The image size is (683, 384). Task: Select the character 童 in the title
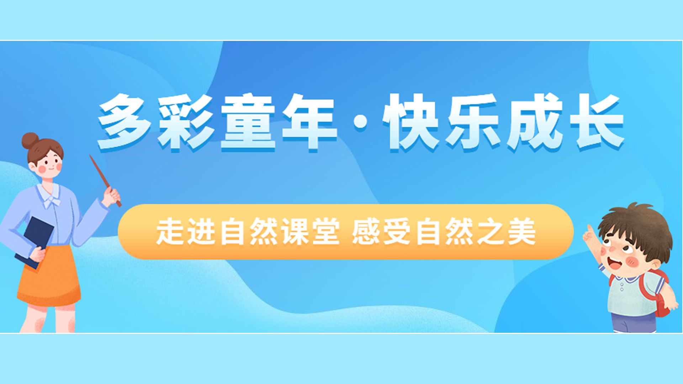click(x=248, y=122)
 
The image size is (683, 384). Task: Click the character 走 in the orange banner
click(x=170, y=232)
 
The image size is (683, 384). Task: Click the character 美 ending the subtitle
click(x=522, y=232)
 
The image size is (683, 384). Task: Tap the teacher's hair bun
click(x=30, y=141)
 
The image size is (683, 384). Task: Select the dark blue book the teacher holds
click(x=35, y=242)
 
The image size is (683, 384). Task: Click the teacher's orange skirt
click(x=49, y=276)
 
